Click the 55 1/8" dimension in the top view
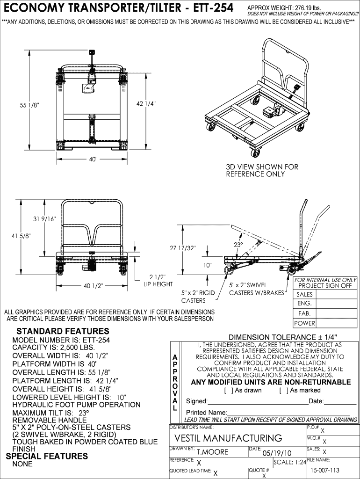pos(29,105)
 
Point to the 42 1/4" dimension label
pos(146,103)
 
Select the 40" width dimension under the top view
pos(93,160)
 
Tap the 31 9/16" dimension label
pos(44,218)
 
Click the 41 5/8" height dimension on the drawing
pos(21,236)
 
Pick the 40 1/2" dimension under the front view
pos(93,286)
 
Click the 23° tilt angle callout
pos(238,245)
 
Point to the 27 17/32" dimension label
pos(183,248)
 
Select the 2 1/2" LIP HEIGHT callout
pos(158,280)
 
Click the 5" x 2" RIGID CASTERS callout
pos(198,297)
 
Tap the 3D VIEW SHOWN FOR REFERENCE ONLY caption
pos(262,170)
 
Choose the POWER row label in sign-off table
pos(304,323)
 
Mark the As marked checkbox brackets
pos(282,390)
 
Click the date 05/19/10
pos(277,452)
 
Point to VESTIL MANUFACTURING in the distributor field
pos(228,438)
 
